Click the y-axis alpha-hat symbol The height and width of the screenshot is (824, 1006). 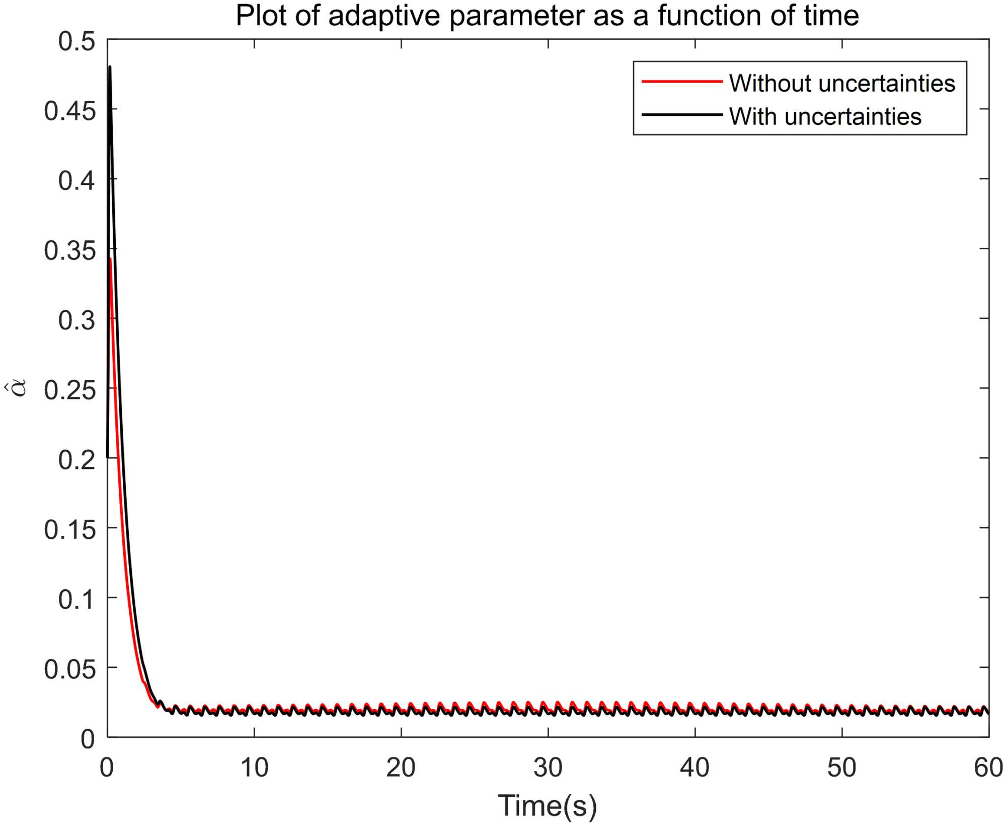tap(19, 389)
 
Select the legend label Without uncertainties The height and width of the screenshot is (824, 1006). tap(842, 83)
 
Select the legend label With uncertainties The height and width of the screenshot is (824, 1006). tap(825, 116)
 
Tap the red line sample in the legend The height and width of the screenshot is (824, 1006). tap(682, 82)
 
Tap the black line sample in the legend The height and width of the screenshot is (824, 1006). tap(682, 115)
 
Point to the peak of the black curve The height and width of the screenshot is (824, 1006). tap(110, 67)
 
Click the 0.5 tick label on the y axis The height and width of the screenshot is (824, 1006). tap(76, 41)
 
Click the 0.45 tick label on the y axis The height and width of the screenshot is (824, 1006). tap(69, 111)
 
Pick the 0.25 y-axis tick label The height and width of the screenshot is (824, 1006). tap(69, 390)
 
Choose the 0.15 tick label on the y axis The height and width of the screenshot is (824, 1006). tap(69, 529)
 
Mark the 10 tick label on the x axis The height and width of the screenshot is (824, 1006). tap(254, 768)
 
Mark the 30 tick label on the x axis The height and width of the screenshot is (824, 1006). tap(548, 768)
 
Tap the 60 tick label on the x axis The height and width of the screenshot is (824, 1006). tap(988, 768)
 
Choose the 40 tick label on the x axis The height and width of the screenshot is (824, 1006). tap(694, 768)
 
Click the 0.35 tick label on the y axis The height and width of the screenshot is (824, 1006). tap(69, 250)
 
